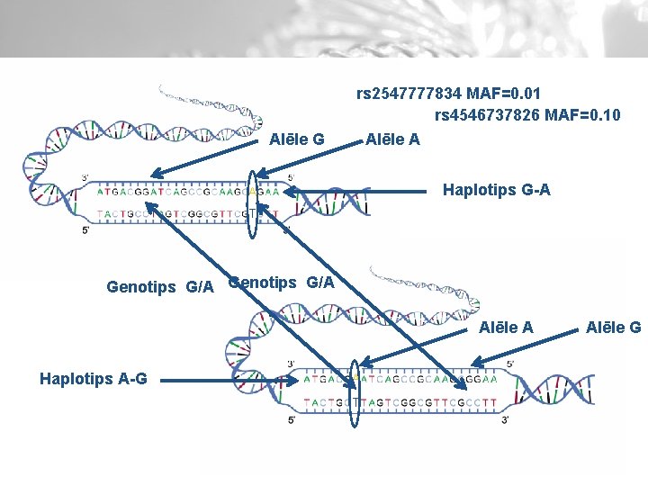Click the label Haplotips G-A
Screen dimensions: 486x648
(x=496, y=190)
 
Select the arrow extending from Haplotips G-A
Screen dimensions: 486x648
(x=360, y=190)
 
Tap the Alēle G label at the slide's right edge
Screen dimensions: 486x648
(x=613, y=328)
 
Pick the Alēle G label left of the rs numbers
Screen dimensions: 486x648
(x=297, y=139)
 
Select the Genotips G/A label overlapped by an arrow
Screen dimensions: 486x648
(x=282, y=283)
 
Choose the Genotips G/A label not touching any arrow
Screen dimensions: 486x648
(x=160, y=287)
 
